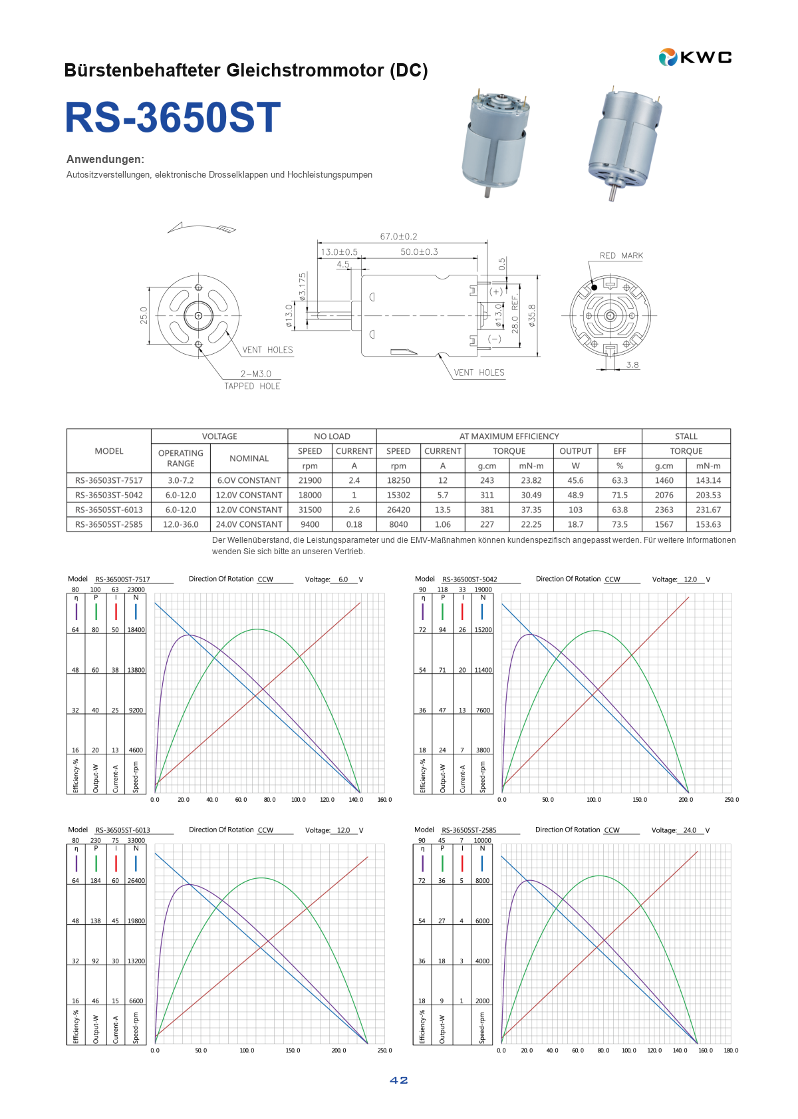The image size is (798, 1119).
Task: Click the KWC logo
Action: click(x=695, y=57)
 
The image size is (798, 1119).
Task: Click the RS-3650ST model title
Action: click(x=173, y=117)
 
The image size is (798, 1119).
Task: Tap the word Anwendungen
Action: click(x=105, y=160)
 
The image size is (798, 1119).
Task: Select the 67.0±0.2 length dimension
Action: click(x=398, y=236)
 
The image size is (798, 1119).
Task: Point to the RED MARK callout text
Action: click(x=620, y=255)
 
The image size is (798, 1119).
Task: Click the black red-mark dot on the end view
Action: click(x=594, y=287)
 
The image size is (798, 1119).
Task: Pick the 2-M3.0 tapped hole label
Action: click(x=255, y=374)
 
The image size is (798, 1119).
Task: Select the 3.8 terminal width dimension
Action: click(x=632, y=365)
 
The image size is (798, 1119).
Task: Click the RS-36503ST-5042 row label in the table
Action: click(x=109, y=495)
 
